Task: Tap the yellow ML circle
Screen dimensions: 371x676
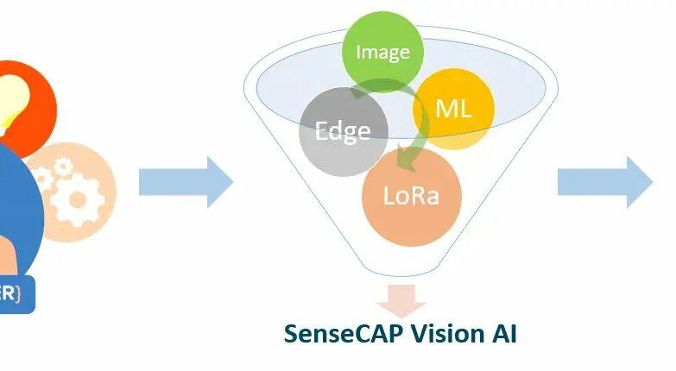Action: pyautogui.click(x=453, y=108)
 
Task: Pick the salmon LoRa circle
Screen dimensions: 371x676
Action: pyautogui.click(x=411, y=196)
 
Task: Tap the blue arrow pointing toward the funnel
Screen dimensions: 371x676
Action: pyautogui.click(x=186, y=182)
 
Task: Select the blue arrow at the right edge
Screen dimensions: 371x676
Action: pyautogui.click(x=604, y=182)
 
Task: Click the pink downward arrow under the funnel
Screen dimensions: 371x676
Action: pyautogui.click(x=400, y=299)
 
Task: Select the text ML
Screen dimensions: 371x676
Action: pyautogui.click(x=453, y=109)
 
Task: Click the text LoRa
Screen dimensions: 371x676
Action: pyautogui.click(x=411, y=196)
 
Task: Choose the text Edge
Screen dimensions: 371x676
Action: pyautogui.click(x=343, y=131)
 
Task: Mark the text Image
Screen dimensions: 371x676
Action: pyautogui.click(x=382, y=52)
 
